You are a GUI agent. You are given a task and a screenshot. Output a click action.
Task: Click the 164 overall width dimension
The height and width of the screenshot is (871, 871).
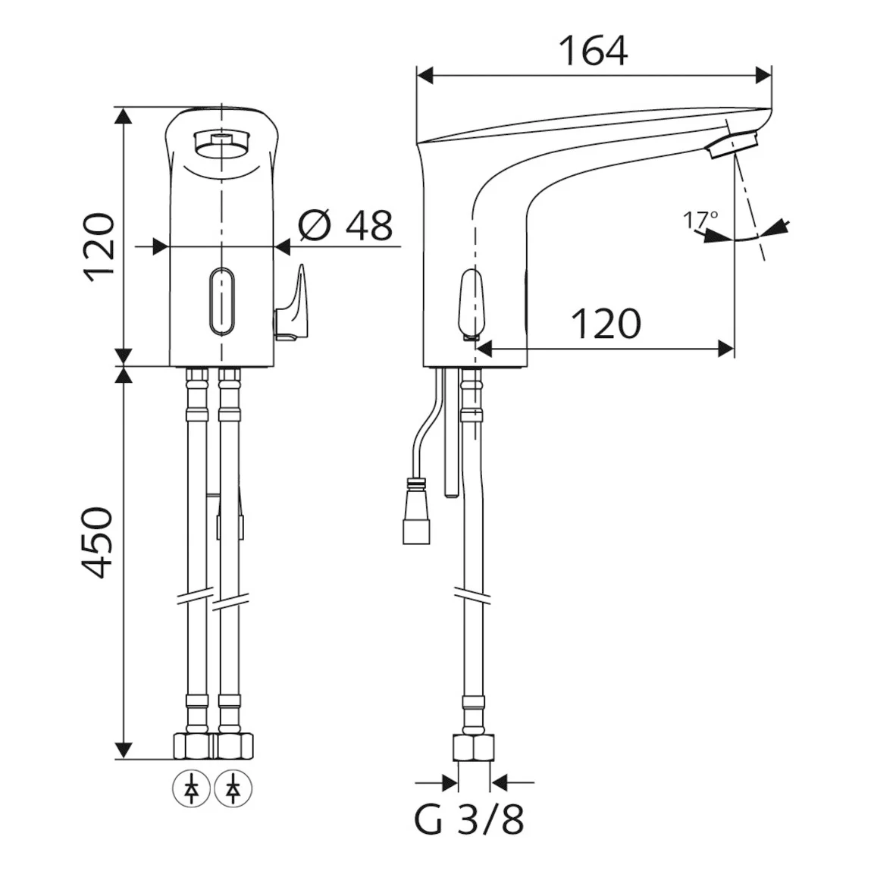(x=594, y=51)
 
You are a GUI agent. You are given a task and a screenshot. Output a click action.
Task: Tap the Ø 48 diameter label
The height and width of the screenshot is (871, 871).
(x=346, y=225)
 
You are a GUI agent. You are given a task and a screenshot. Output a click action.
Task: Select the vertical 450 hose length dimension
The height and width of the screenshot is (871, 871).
(x=97, y=541)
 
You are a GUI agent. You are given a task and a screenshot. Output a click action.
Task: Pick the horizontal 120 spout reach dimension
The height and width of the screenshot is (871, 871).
(x=606, y=324)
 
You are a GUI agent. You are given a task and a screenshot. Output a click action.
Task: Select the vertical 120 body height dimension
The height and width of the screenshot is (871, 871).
(x=99, y=247)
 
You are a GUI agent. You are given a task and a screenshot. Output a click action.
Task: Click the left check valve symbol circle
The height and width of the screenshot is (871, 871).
(x=192, y=788)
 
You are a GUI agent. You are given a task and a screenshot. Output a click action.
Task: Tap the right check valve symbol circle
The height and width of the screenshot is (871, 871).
(x=233, y=788)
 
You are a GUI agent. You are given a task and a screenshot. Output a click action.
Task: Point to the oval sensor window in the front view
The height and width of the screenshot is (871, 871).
(x=222, y=302)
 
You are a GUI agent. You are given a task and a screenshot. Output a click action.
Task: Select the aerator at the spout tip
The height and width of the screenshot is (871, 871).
(x=733, y=144)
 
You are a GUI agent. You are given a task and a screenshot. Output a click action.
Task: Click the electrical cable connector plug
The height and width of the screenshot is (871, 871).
(x=416, y=510)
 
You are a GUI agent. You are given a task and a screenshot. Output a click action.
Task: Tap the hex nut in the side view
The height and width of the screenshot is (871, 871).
(x=474, y=747)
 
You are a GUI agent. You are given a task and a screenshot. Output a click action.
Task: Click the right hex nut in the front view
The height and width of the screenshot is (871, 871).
(x=234, y=746)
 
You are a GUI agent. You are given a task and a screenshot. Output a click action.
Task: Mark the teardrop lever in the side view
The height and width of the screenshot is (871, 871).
(x=470, y=305)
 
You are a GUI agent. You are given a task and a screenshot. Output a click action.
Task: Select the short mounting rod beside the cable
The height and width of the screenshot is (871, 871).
(x=450, y=434)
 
